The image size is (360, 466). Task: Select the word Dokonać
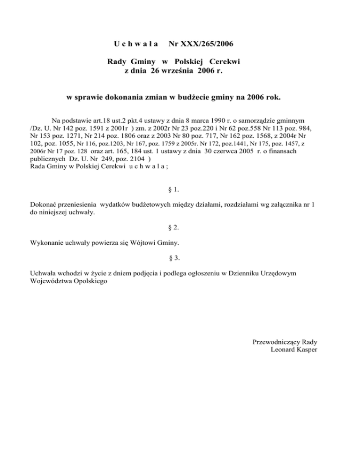(44, 205)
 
